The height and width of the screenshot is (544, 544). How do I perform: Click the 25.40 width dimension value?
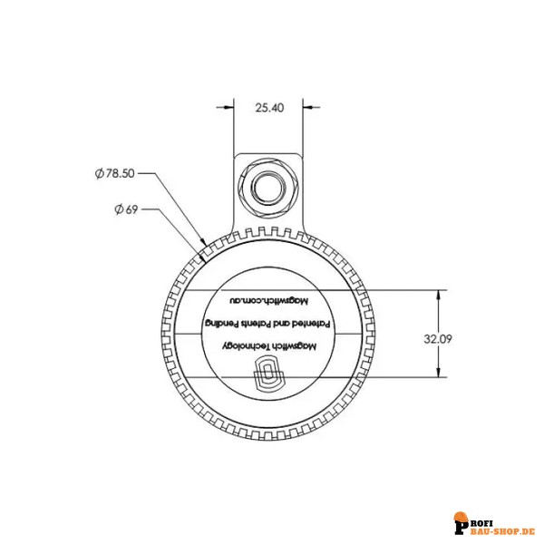coord(269,107)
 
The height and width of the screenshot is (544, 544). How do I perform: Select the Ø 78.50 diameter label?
coord(114,172)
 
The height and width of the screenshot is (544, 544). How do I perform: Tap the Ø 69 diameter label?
coord(126,210)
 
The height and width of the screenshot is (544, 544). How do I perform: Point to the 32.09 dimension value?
coord(437,338)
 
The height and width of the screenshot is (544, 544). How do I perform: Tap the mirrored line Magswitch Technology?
coord(269,345)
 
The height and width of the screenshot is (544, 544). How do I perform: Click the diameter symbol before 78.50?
coord(98,172)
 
